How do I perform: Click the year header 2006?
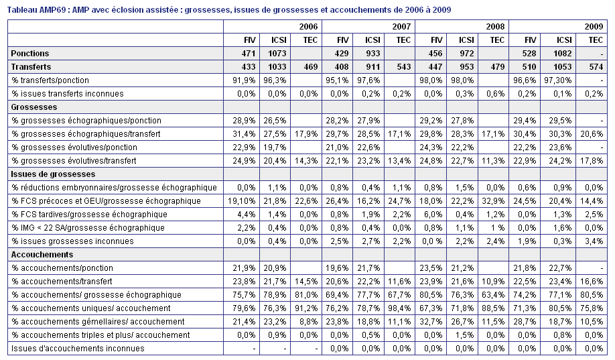[x=308, y=27]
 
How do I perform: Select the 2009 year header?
[x=594, y=27]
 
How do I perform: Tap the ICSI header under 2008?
[x=466, y=40]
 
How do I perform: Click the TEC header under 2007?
[x=403, y=40]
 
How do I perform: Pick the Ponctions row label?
[x=30, y=54]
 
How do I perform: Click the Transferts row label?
[x=31, y=67]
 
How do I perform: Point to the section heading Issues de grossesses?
[x=53, y=174]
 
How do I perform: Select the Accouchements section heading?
[x=42, y=254]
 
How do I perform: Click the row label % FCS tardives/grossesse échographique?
[x=89, y=215]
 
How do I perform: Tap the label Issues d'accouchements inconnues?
[x=78, y=348]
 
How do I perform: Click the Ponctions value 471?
[x=249, y=54]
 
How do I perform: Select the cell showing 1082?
[x=563, y=54]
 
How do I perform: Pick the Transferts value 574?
[x=596, y=67]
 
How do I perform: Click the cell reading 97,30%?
[x=557, y=80]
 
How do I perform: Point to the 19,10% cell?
[x=242, y=201]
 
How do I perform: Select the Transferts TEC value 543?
[x=403, y=67]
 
